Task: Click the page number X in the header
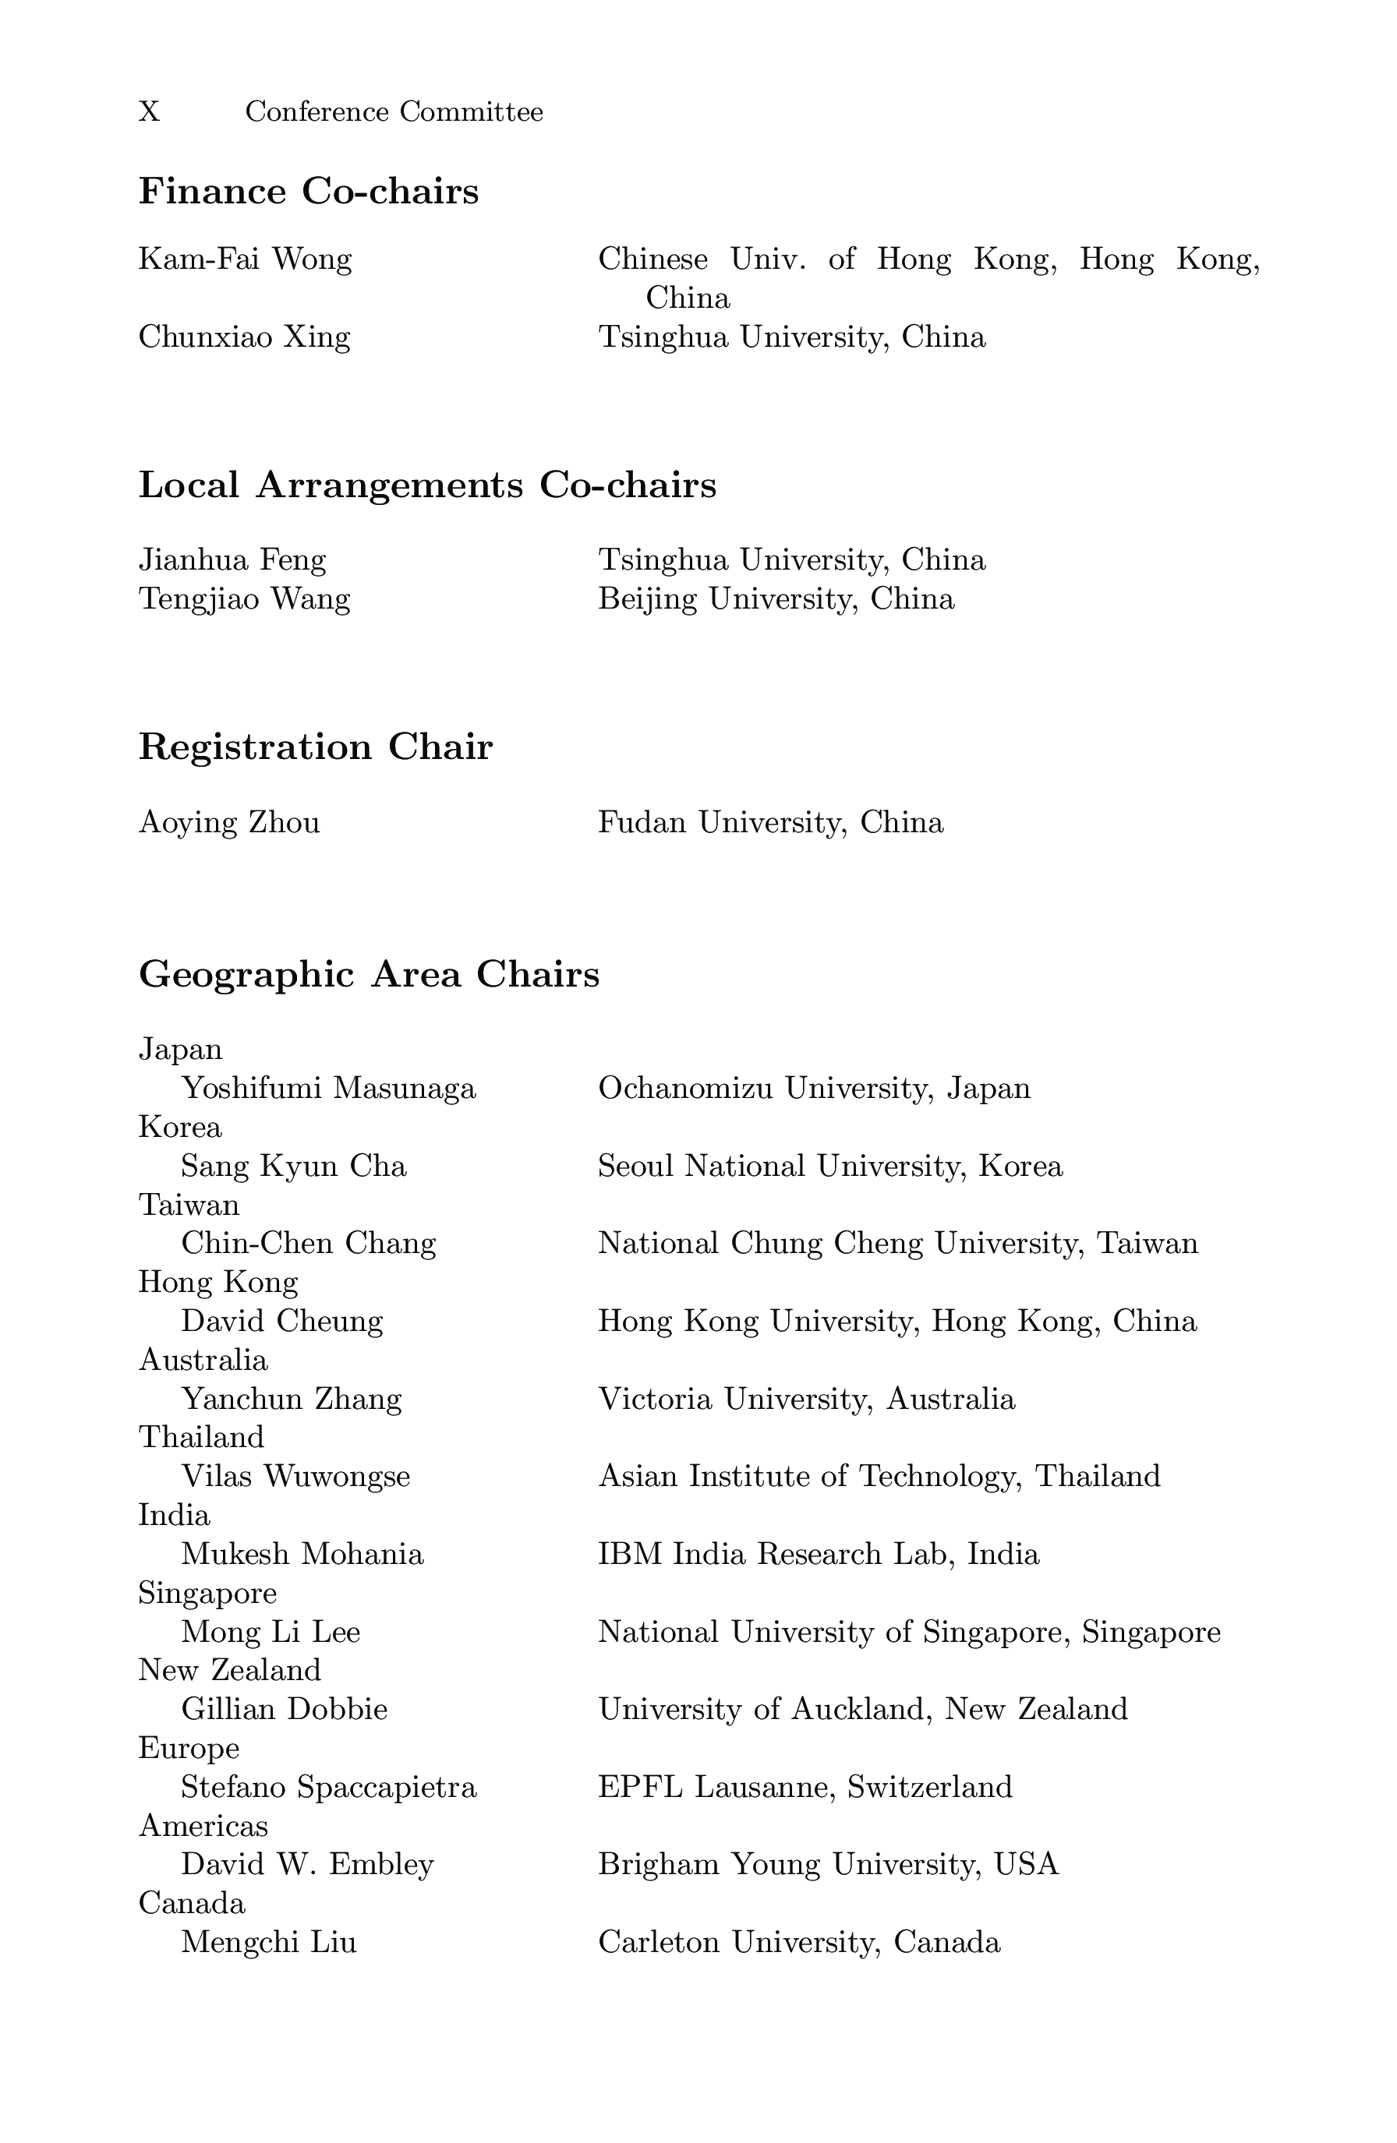coord(150,111)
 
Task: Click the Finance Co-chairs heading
coord(308,192)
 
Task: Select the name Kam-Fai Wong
coord(245,259)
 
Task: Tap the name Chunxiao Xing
coord(244,337)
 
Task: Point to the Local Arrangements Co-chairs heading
coord(427,485)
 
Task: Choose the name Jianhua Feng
coord(232,560)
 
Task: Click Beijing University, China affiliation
coord(776,598)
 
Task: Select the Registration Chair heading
coord(315,747)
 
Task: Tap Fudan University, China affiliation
coord(770,822)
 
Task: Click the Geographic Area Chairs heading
coord(369,974)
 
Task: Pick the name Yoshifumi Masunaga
coord(328,1089)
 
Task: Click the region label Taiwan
coord(189,1205)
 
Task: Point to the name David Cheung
coord(282,1321)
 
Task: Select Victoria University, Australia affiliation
coord(806,1398)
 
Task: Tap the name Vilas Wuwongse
coord(295,1477)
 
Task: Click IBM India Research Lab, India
coord(818,1554)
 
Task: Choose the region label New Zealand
coord(230,1670)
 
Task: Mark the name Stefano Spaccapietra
coord(329,1786)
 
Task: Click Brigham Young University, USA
coord(828,1864)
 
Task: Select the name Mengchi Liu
coord(268,1942)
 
